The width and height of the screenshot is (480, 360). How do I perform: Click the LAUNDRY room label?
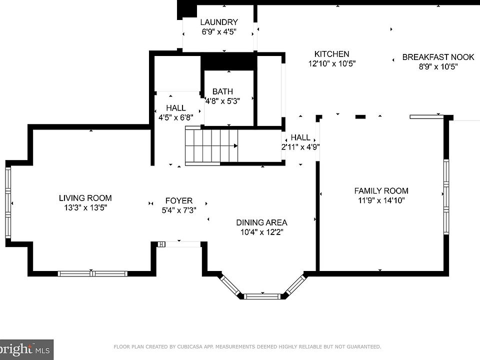point(219,22)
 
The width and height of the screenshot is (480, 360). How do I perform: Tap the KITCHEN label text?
point(331,54)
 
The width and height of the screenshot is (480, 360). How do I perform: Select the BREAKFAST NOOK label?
point(438,57)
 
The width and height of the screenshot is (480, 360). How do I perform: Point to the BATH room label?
point(222,91)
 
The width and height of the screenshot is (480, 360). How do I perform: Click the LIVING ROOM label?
point(85,198)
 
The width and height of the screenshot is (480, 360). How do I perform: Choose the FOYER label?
point(179,200)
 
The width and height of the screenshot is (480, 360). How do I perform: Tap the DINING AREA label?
point(261,222)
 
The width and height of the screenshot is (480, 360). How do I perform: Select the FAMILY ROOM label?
point(381,190)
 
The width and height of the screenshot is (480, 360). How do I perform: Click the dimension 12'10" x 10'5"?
point(331,63)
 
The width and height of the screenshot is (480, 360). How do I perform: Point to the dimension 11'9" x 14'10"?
point(381,200)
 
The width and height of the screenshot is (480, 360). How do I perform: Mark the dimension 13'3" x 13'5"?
point(85,207)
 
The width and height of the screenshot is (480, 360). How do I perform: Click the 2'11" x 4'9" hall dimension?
point(300,147)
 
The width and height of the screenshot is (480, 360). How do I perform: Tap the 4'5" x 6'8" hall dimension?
point(175,117)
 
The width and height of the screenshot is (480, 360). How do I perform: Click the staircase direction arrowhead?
point(235,145)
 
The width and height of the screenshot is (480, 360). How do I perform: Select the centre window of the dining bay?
point(262,296)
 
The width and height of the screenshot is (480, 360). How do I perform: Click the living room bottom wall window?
point(92,273)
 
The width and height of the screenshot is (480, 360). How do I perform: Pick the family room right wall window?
point(446,197)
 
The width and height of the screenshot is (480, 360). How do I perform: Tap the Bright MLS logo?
point(26,349)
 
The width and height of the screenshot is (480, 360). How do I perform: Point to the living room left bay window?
point(8,202)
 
